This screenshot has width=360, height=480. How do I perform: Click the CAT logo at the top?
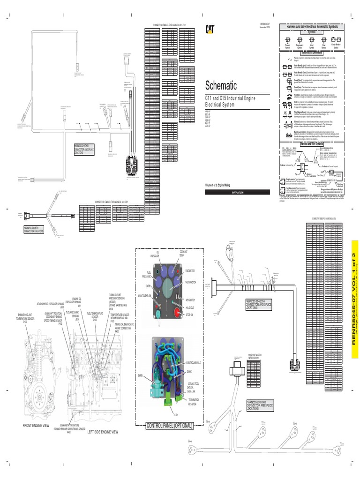210,29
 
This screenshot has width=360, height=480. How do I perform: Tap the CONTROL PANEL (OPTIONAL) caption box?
169,426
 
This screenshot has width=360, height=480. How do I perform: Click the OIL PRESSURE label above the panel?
155,254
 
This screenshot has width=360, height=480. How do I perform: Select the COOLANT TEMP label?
183,254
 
